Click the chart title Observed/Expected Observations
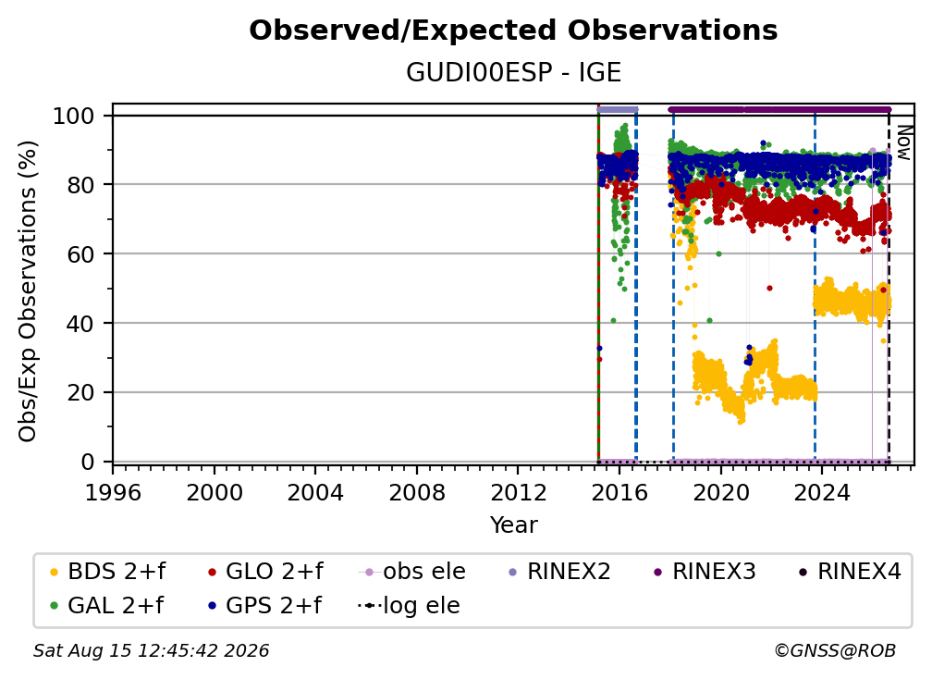(513, 31)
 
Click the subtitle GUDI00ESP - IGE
(513, 73)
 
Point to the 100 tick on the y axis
(74, 116)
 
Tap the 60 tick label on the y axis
(80, 253)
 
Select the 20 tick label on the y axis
(80, 392)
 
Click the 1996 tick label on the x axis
(113, 493)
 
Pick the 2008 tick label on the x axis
(417, 493)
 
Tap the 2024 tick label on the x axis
(822, 493)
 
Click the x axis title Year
(513, 525)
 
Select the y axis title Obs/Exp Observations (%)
(28, 290)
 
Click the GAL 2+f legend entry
(107, 605)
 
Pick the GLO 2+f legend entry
(266, 572)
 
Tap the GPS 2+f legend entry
(265, 605)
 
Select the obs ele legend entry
(412, 572)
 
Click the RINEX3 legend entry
(705, 572)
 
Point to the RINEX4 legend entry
(850, 572)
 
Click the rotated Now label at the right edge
(903, 142)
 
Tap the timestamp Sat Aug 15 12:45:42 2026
(151, 650)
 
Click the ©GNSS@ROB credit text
(835, 650)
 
